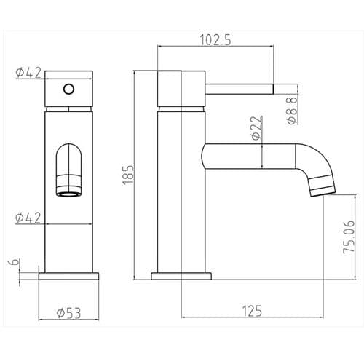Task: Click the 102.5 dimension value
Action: pyautogui.click(x=217, y=41)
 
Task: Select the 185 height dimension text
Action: pyautogui.click(x=130, y=175)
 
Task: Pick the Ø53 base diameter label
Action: pyautogui.click(x=67, y=314)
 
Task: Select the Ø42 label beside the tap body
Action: pyautogui.click(x=27, y=217)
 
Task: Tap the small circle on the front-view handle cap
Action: pyautogui.click(x=68, y=89)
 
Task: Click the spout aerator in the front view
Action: pyautogui.click(x=68, y=191)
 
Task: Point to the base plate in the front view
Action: pyautogui.click(x=68, y=277)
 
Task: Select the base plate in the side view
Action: pyautogui.click(x=181, y=277)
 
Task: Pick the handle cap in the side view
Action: pyautogui.click(x=181, y=89)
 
